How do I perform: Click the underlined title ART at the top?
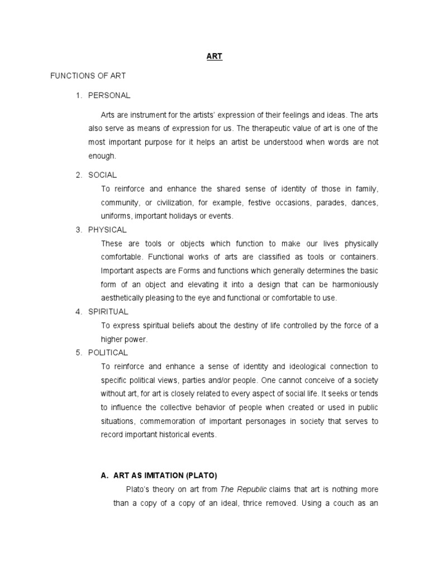[214, 57]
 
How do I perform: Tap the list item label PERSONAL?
[109, 95]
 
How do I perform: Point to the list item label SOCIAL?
[103, 175]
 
